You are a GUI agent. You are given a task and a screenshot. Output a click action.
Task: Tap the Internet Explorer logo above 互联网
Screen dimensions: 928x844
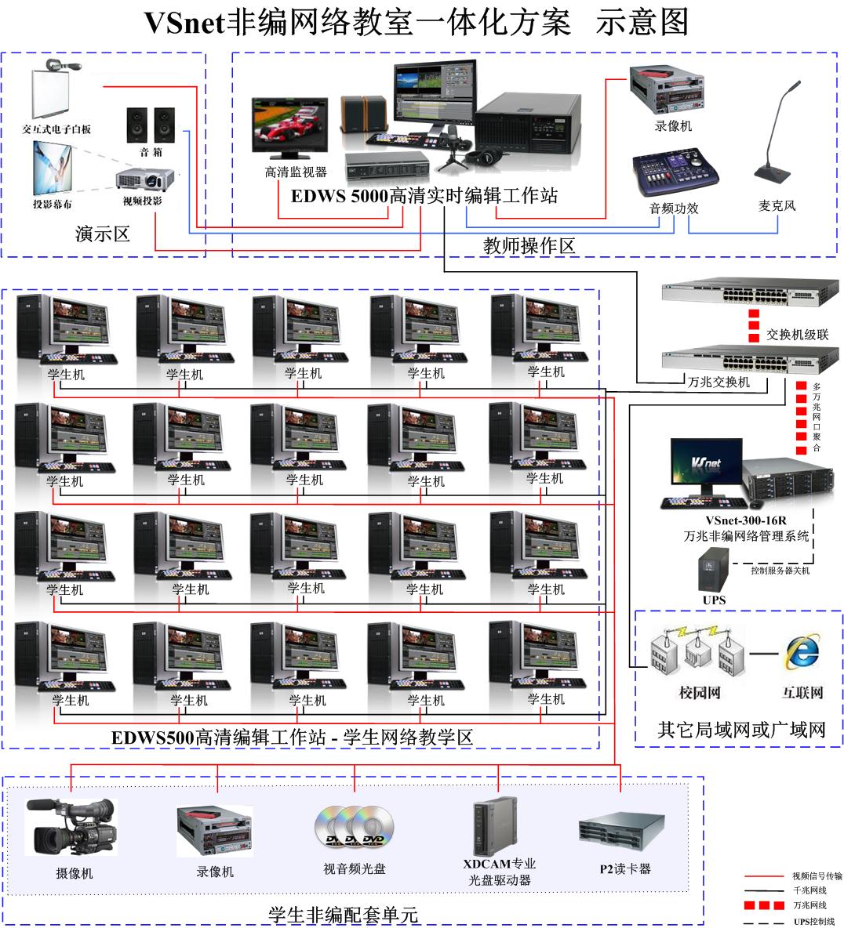pyautogui.click(x=802, y=651)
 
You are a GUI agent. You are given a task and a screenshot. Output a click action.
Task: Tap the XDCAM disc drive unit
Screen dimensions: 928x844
pyautogui.click(x=495, y=827)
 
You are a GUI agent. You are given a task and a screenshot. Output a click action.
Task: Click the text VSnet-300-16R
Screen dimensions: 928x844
pyautogui.click(x=745, y=520)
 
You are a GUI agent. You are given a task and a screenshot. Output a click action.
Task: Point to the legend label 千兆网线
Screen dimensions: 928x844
pyautogui.click(x=809, y=890)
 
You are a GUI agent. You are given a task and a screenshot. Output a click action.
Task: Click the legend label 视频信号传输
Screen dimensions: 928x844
pyautogui.click(x=817, y=876)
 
